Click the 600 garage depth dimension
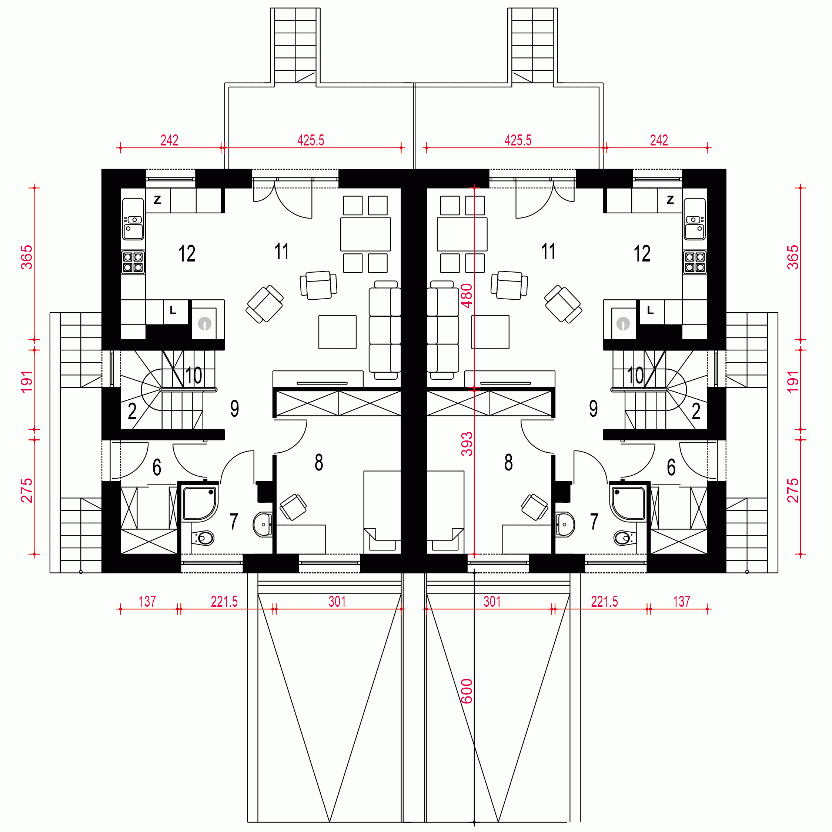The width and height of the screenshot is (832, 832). pyautogui.click(x=467, y=691)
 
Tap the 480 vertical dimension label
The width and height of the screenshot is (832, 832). pyautogui.click(x=467, y=296)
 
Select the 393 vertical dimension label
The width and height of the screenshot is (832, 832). pyautogui.click(x=467, y=444)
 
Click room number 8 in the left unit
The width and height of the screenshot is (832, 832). pyautogui.click(x=319, y=462)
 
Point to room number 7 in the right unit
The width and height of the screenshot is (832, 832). pyautogui.click(x=594, y=521)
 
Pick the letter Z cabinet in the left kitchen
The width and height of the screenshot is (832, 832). pyautogui.click(x=158, y=200)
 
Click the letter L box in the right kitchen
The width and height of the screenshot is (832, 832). pyautogui.click(x=650, y=310)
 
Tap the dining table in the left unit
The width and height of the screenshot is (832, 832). pyautogui.click(x=365, y=234)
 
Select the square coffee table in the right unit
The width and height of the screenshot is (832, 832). pyautogui.click(x=490, y=332)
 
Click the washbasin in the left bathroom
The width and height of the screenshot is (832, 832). pyautogui.click(x=263, y=525)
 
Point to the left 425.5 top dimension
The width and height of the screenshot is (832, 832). pyautogui.click(x=311, y=140)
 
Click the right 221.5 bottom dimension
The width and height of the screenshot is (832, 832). pyautogui.click(x=604, y=602)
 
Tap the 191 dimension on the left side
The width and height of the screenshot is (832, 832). pyautogui.click(x=27, y=382)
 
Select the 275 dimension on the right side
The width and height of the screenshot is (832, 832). pyautogui.click(x=793, y=490)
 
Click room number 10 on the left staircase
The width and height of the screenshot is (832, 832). pyautogui.click(x=194, y=375)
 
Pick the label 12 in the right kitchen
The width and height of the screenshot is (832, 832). pyautogui.click(x=642, y=253)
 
